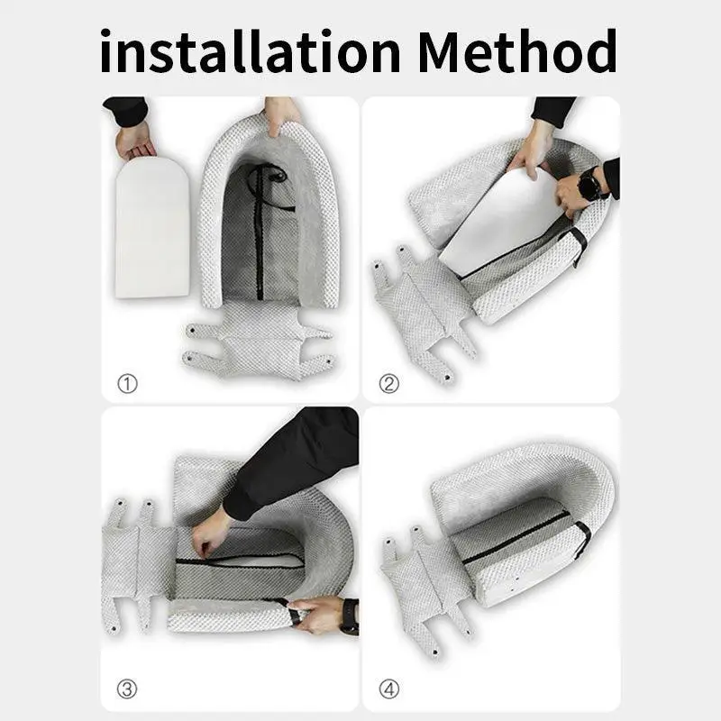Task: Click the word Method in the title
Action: coord(516,51)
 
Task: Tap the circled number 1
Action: coord(128,384)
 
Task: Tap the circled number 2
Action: coord(389,384)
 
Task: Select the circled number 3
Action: coord(128,690)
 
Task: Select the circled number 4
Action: coord(389,690)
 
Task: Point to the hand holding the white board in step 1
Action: coord(136,140)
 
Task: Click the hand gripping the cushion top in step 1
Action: coord(281,114)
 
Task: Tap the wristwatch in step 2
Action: coord(591,187)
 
